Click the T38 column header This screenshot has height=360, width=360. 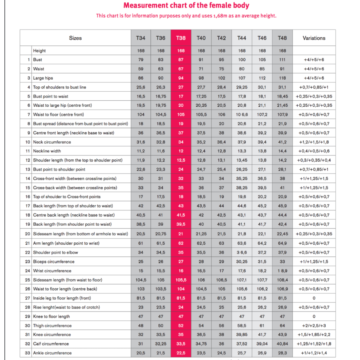pos(181,38)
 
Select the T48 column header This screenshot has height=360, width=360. pos(282,38)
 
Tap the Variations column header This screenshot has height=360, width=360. pos(314,38)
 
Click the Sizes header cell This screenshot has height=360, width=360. pos(75,38)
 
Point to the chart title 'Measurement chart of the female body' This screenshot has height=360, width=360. pos(186,6)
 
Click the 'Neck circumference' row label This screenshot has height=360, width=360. pos(52,142)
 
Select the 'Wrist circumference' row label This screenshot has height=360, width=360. pos(52,271)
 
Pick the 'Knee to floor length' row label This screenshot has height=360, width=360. pos(51,316)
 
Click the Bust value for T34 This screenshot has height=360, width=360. pos(140,60)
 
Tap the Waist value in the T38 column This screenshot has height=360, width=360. pos(181,69)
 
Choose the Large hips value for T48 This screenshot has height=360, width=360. pos(282,78)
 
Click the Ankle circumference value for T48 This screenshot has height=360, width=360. pos(282,353)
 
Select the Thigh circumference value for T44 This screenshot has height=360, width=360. pos(242,326)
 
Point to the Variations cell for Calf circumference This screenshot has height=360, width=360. pos(314,344)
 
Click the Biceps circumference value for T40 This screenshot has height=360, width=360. pos(201,262)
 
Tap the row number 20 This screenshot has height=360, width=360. pos(28,234)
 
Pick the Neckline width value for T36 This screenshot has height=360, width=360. pos(161,151)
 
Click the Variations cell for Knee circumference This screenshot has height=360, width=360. pos(314,334)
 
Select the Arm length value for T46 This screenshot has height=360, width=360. pos(262,243)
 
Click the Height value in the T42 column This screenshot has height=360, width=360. pos(222,51)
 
